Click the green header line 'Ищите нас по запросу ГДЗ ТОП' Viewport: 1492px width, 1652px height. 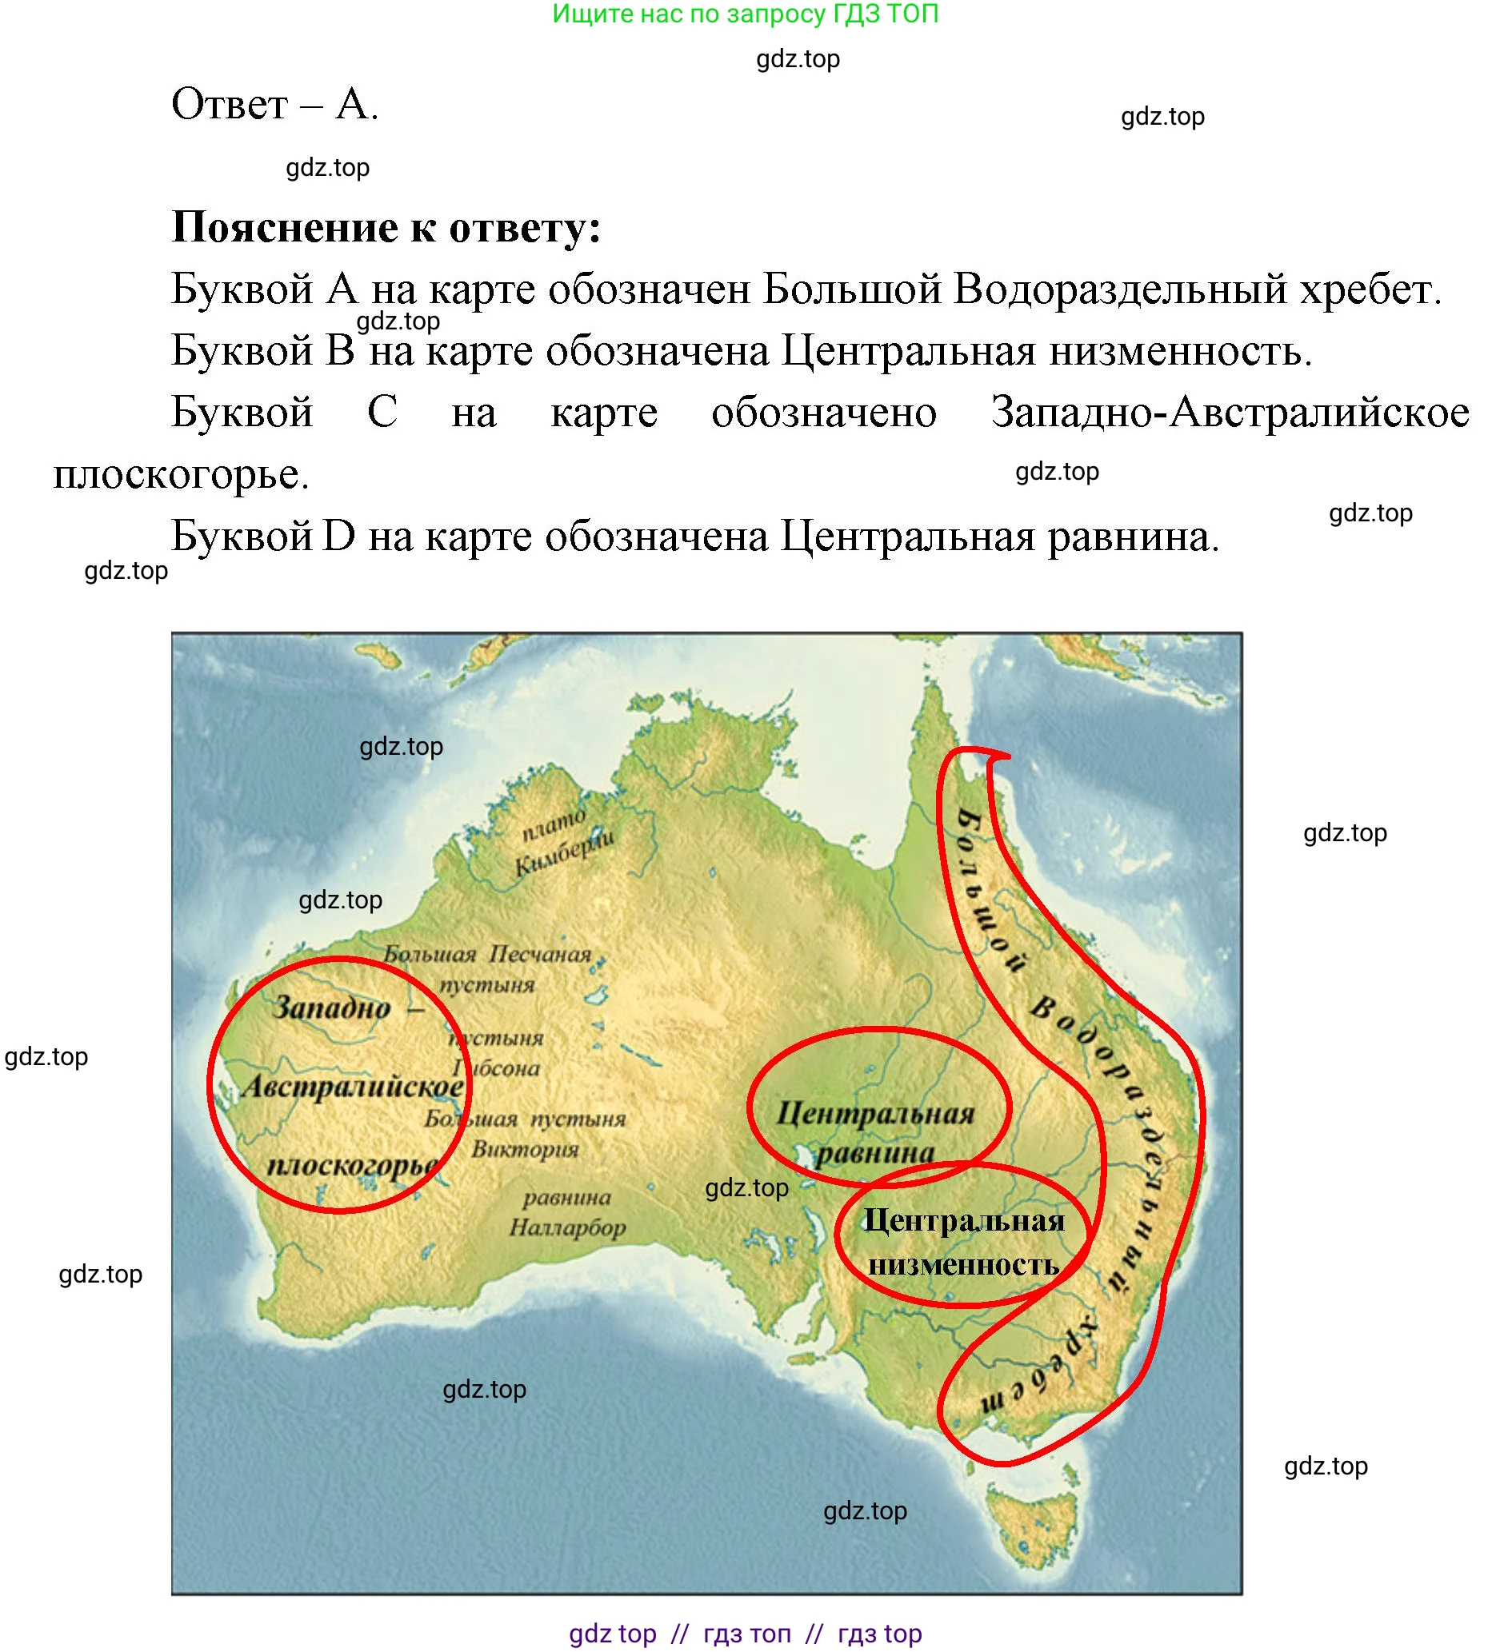click(x=744, y=14)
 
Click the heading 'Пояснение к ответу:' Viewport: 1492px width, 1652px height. click(x=386, y=227)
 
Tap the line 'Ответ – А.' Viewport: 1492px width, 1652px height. click(x=274, y=105)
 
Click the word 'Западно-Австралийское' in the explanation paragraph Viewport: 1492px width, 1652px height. click(x=1230, y=412)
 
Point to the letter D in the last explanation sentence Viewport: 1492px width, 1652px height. click(x=339, y=537)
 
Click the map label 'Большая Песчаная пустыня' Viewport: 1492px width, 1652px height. click(x=488, y=968)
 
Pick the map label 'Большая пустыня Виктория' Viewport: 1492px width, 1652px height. click(x=526, y=1133)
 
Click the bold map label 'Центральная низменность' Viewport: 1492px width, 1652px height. click(x=964, y=1243)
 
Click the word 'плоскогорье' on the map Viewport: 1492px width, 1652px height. click(x=353, y=1164)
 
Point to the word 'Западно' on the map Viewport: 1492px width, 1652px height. click(x=331, y=1007)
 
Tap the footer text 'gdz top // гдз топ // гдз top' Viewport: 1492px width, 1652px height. click(x=745, y=1633)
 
